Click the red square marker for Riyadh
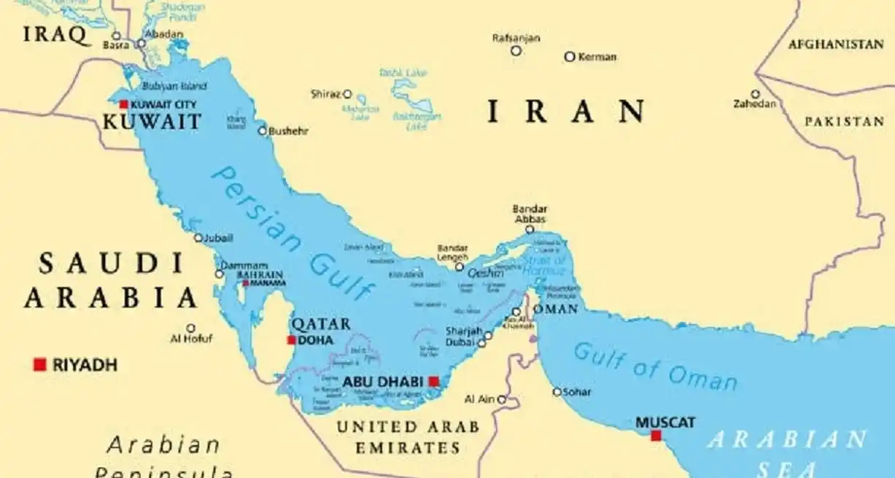pos(39,364)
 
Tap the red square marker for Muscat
pos(656,436)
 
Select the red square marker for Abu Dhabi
pos(434,381)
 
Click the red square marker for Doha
pos(292,340)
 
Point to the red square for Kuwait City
pos(124,104)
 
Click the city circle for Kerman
pos(570,56)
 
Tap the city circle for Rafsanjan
pos(516,50)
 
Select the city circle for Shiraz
pos(348,94)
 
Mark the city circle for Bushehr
pos(263,131)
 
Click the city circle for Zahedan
pos(755,94)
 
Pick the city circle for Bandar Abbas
pos(530,229)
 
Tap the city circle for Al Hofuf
pos(191,328)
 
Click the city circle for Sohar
pos(557,392)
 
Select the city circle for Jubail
pos(198,238)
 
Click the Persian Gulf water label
pos(292,232)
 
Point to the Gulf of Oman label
pos(655,367)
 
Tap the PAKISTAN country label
pos(844,122)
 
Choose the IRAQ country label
pos(53,34)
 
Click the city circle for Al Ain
pos(502,399)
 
